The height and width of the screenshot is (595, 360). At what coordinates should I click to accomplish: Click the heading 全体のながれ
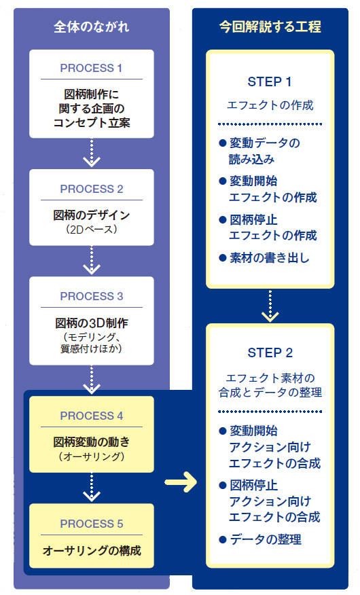[x=92, y=27]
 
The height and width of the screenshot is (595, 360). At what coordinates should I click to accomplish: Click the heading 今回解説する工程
[x=270, y=27]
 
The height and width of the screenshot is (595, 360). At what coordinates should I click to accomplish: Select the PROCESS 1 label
[x=92, y=68]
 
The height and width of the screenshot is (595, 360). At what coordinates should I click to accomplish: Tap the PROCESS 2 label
[x=92, y=189]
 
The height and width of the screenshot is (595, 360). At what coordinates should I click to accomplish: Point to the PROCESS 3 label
[x=92, y=296]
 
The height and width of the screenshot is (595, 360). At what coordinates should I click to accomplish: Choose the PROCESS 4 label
[x=92, y=416]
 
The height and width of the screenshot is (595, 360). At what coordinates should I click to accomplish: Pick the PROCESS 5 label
[x=92, y=524]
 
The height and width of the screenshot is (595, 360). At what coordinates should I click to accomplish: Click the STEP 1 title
[x=270, y=82]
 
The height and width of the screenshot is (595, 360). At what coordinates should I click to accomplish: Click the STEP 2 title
[x=270, y=353]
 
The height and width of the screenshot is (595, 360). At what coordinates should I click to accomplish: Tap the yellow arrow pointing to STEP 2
[x=181, y=482]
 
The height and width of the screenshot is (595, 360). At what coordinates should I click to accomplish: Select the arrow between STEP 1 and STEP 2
[x=270, y=306]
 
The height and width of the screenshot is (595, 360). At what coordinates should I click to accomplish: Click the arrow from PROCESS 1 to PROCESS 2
[x=92, y=153]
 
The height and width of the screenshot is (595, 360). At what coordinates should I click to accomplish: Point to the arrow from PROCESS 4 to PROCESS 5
[x=92, y=487]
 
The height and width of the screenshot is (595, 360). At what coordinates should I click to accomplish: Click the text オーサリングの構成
[x=92, y=550]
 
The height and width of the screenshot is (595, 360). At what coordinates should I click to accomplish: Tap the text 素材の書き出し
[x=270, y=257]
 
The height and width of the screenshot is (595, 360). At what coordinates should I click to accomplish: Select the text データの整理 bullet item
[x=266, y=539]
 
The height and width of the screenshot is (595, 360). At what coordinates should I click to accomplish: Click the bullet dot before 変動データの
[x=223, y=143]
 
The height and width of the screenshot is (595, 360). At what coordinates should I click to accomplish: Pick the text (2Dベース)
[x=92, y=229]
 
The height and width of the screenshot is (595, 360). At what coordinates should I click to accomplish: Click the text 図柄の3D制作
[x=92, y=323]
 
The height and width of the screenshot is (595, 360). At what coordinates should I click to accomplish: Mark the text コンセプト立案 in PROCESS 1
[x=92, y=122]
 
